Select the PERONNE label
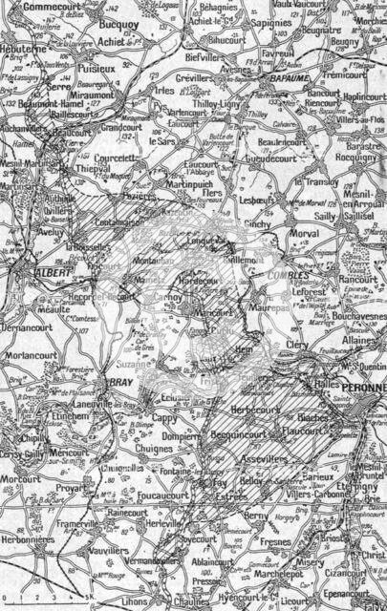355,391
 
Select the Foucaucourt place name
163,495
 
